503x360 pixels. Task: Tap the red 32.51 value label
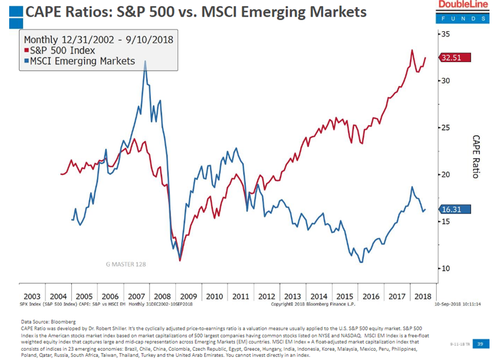tap(454, 58)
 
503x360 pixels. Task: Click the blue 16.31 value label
tap(454, 210)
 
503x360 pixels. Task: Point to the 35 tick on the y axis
tap(445, 34)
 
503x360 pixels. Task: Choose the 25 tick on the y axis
tap(445, 128)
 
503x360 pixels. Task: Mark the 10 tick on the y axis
tap(445, 269)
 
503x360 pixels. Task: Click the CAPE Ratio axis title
tap(475, 157)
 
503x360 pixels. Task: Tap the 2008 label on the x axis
tap(162, 296)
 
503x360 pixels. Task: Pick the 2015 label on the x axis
tap(345, 296)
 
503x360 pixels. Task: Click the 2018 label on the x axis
tap(423, 296)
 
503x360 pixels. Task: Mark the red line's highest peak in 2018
tap(412, 50)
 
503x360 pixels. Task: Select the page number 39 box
tap(482, 344)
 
